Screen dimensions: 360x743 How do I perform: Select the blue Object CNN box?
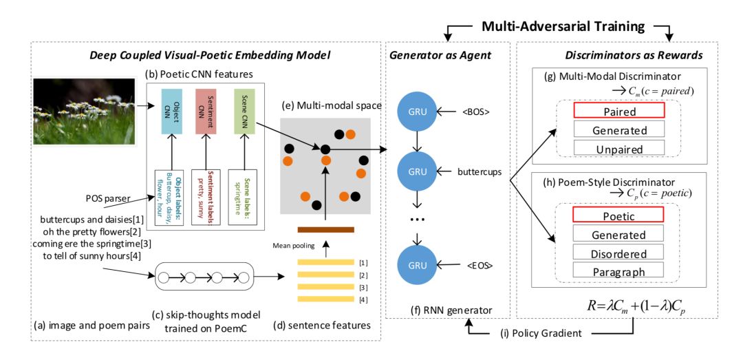171,111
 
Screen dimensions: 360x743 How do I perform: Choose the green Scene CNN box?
244,111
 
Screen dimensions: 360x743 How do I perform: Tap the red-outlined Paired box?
618,111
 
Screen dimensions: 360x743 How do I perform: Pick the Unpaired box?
618,148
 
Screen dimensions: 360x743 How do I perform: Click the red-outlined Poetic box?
618,215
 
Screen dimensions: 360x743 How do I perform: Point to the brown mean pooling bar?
325,229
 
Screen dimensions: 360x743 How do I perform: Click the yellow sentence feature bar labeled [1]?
325,262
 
